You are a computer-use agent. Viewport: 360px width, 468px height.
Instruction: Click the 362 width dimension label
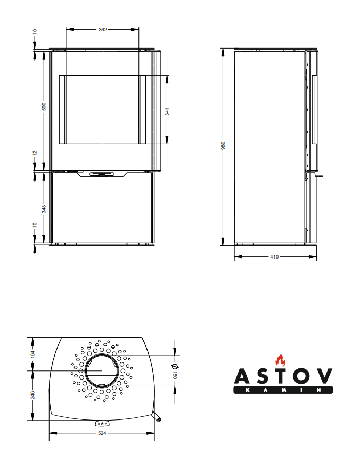click(103, 29)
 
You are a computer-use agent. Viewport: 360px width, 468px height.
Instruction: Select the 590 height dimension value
click(44, 107)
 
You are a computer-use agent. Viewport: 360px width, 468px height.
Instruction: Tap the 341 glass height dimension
click(167, 111)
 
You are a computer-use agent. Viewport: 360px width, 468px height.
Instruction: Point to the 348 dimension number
click(44, 209)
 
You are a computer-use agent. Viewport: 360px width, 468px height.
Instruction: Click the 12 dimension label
click(35, 153)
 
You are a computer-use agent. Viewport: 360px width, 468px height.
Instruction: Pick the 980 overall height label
click(223, 146)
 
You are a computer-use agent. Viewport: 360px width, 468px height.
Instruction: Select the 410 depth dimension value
click(274, 257)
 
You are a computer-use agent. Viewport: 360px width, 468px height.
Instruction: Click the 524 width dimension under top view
click(102, 433)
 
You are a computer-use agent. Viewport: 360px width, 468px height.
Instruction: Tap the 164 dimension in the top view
click(32, 354)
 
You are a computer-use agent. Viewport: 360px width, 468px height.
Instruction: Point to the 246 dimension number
click(32, 395)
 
